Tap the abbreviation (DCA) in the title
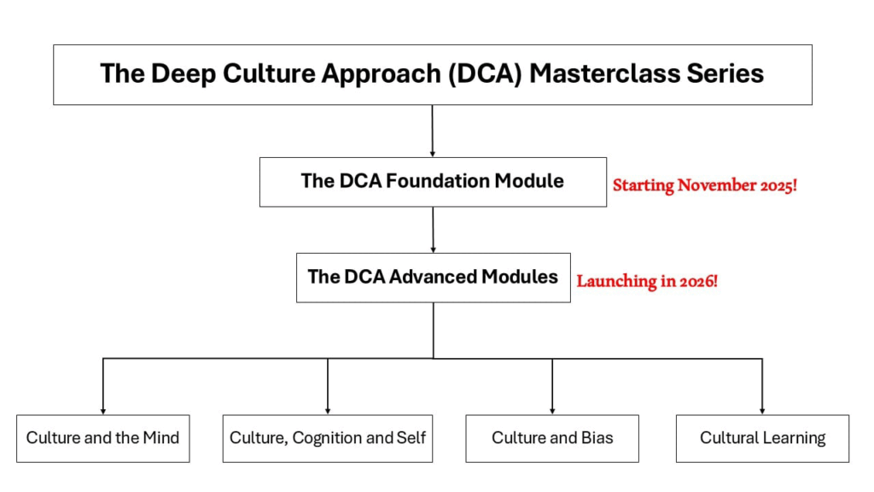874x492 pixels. (485, 74)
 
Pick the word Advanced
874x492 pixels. (433, 277)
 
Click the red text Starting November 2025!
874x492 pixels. (704, 185)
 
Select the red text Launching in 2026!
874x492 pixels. (647, 281)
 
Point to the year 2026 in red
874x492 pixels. (696, 281)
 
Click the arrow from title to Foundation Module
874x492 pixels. (433, 131)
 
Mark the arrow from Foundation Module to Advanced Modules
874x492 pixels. (433, 230)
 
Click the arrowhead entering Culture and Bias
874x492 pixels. (552, 411)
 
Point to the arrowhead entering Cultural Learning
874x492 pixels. (762, 411)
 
